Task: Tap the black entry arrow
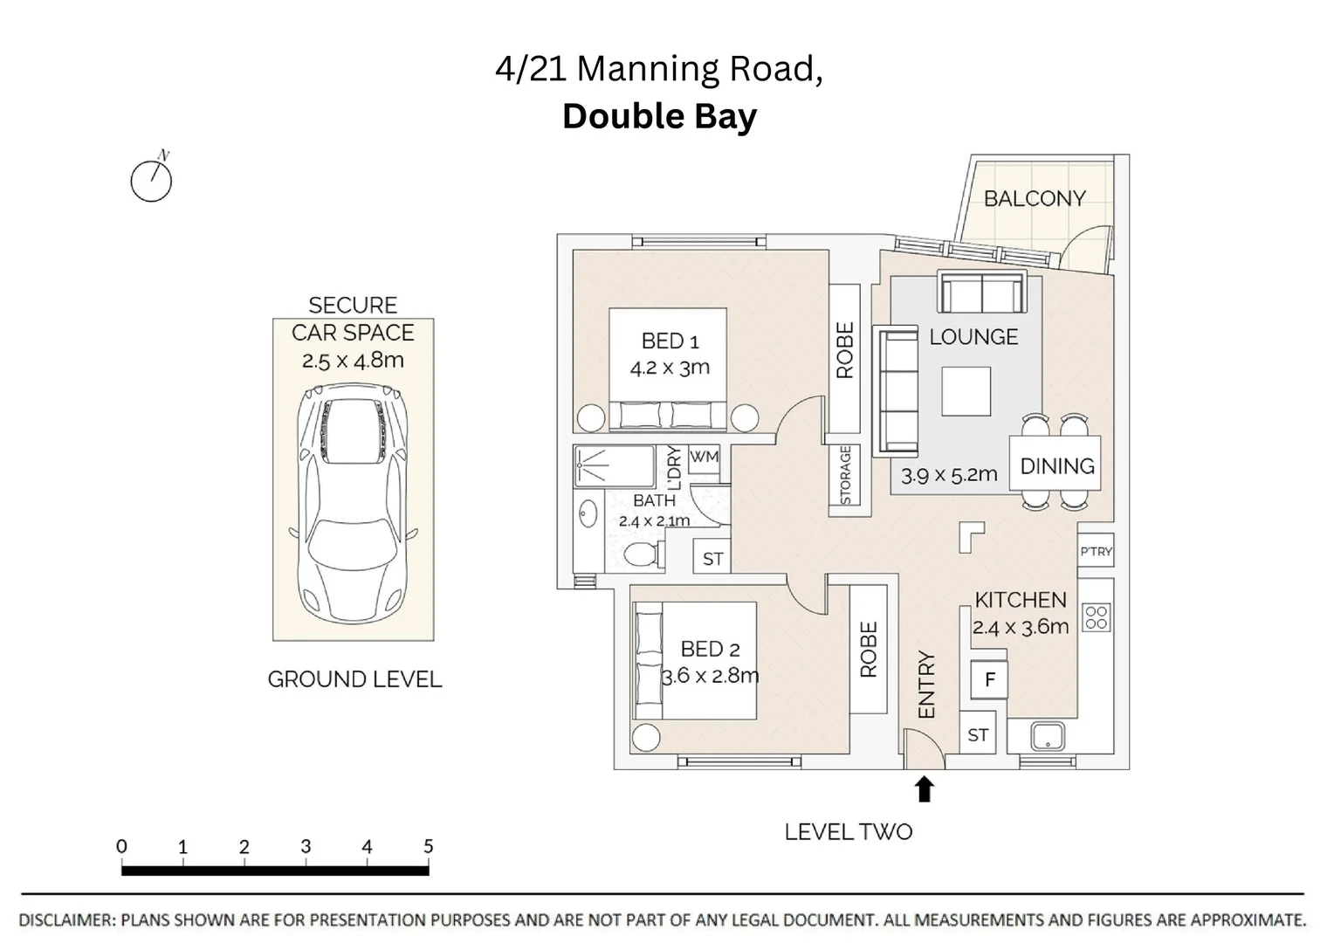[x=924, y=788]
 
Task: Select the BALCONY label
[x=1035, y=198]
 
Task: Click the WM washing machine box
[x=704, y=458]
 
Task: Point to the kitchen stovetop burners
[x=1097, y=617]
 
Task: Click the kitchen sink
[x=1049, y=736]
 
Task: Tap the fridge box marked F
[x=989, y=679]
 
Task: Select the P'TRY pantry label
[x=1096, y=552]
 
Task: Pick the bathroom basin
[x=588, y=513]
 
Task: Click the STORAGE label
[x=845, y=476]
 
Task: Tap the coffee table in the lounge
[x=966, y=391]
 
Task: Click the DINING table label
[x=1057, y=466]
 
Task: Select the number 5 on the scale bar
[x=428, y=846]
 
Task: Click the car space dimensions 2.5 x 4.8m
[x=353, y=361]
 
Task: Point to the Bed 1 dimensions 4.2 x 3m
[x=670, y=368]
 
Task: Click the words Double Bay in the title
[x=659, y=116]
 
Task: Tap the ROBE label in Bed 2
[x=869, y=650]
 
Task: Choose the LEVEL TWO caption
[x=848, y=832]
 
